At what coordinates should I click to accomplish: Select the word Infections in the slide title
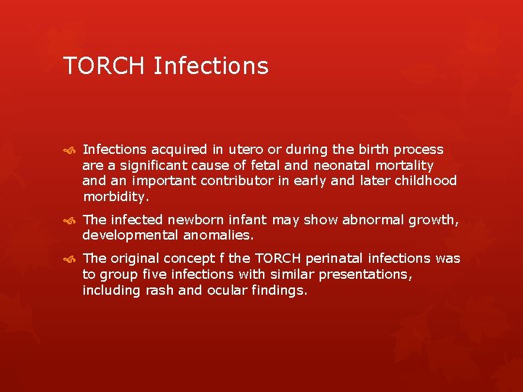click(x=211, y=66)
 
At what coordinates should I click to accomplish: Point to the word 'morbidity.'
click(x=116, y=197)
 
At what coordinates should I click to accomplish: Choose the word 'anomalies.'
click(x=218, y=235)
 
